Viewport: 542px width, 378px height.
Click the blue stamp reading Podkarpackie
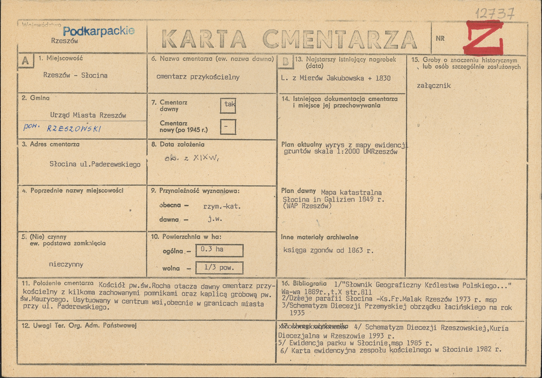(98, 31)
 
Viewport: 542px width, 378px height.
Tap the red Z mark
(483, 38)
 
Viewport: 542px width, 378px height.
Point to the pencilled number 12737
(495, 14)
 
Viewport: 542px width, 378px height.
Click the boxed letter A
(26, 61)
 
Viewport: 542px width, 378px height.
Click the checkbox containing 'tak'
(228, 105)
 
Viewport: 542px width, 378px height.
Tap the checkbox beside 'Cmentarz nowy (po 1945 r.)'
(228, 127)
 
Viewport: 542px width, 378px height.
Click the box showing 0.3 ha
(219, 250)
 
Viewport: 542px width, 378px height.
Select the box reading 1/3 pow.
(219, 268)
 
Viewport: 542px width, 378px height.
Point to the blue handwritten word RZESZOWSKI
(74, 129)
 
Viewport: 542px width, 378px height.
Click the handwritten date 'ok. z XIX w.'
(192, 158)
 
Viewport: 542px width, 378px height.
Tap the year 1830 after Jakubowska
(383, 78)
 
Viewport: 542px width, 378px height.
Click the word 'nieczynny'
(66, 264)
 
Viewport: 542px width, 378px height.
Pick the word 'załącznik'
(434, 86)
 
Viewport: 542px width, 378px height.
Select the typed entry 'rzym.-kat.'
(222, 206)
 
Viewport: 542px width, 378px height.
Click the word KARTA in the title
(204, 40)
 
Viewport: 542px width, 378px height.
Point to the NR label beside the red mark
(440, 38)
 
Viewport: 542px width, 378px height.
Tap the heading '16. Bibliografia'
(310, 284)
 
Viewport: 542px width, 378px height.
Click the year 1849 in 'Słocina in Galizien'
(366, 199)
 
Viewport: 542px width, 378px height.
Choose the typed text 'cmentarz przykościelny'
(198, 77)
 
